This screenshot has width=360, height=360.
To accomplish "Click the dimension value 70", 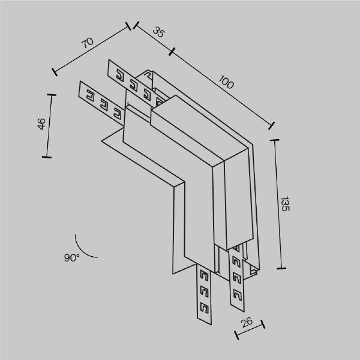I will (87, 43).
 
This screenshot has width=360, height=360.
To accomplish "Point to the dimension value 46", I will (41, 125).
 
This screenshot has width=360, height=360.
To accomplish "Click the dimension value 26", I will (247, 324).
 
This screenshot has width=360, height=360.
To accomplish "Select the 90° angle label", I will (71, 257).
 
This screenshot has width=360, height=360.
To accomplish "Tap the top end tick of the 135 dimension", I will (275, 140).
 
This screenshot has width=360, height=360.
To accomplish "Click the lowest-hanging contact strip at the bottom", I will (203, 294).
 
